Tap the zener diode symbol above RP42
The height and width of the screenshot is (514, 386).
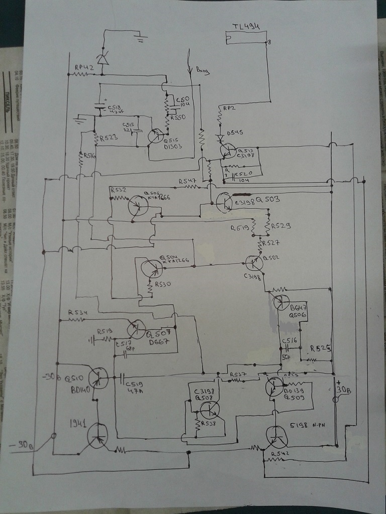tap(103, 59)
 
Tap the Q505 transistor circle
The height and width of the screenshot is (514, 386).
tap(138, 205)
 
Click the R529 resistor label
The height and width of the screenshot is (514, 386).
tap(281, 226)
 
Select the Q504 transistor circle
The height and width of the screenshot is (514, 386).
tap(152, 269)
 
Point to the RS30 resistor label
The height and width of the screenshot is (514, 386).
tap(164, 284)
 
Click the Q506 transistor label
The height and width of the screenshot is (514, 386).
tap(298, 315)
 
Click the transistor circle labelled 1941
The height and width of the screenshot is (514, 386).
tap(98, 435)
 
